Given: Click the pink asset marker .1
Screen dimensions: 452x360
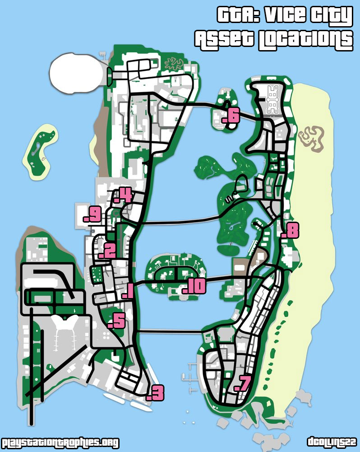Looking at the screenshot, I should pyautogui.click(x=127, y=292).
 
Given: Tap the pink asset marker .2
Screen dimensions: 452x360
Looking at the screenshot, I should pyautogui.click(x=107, y=251).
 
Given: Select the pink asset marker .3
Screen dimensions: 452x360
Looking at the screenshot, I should pyautogui.click(x=155, y=393).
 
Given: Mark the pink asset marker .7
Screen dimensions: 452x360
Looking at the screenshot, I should pyautogui.click(x=242, y=383).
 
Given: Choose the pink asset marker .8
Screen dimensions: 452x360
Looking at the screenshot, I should pyautogui.click(x=290, y=231).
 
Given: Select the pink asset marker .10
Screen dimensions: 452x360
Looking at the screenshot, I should pyautogui.click(x=194, y=286).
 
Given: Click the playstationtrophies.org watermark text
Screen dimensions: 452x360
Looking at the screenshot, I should pyautogui.click(x=60, y=443).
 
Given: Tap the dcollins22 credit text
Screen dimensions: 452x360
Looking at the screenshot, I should pyautogui.click(x=332, y=442).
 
